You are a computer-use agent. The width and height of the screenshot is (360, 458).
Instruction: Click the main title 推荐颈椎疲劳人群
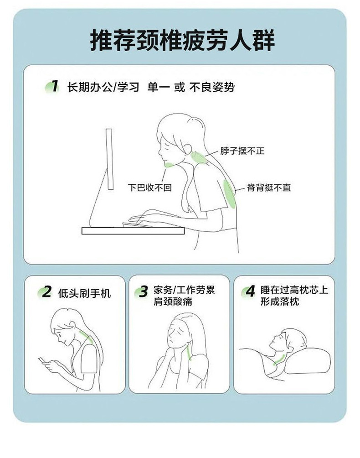183,41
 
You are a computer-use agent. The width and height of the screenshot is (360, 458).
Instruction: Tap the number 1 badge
53,87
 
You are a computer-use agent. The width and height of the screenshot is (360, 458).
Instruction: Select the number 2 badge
45,292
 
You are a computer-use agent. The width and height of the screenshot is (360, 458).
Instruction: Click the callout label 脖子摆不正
242,151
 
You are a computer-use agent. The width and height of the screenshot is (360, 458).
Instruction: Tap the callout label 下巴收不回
149,187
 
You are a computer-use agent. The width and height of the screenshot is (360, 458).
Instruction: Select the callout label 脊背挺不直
269,187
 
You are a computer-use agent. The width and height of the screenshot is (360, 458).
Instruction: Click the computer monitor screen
109,159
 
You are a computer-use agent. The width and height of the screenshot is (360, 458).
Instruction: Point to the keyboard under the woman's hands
137,224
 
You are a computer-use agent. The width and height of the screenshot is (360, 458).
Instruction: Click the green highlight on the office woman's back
229,194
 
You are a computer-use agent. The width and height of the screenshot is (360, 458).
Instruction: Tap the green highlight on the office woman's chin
169,165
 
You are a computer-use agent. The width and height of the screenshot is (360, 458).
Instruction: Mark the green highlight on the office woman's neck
198,158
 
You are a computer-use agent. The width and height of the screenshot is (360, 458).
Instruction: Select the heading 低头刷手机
84,293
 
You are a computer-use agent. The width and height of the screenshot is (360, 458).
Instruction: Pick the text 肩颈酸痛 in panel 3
173,301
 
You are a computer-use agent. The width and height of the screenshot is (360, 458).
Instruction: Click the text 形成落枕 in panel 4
280,301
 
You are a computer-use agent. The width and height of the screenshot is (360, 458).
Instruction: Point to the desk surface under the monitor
133,231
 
